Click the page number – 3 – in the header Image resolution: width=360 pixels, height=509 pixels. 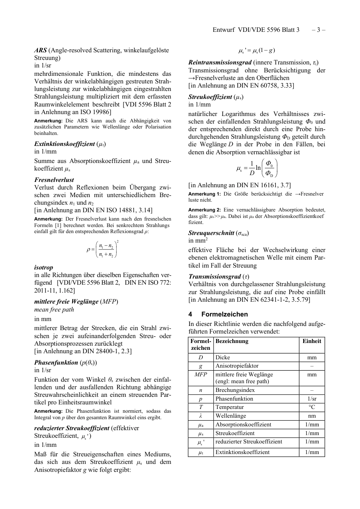pyautogui.click(x=318, y=30)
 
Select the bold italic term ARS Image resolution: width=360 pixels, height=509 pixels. pyautogui.click(x=41, y=50)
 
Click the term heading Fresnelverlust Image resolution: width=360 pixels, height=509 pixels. pyautogui.click(x=54, y=180)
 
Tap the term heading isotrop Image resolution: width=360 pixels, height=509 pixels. pyautogui.click(x=44, y=267)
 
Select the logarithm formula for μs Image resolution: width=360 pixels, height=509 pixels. pyautogui.click(x=257, y=168)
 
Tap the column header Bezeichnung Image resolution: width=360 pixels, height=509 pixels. pyautogui.click(x=232, y=341)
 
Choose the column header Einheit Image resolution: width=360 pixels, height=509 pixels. pyautogui.click(x=311, y=341)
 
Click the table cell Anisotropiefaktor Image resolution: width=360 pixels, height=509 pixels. pyautogui.click(x=237, y=366)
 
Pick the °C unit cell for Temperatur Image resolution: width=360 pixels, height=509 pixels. pyautogui.click(x=311, y=407)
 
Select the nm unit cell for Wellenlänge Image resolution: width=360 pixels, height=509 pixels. pyautogui.click(x=311, y=416)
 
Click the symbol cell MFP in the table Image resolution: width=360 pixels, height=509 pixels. pyautogui.click(x=200, y=374)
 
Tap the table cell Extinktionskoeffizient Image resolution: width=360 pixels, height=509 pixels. pyautogui.click(x=243, y=452)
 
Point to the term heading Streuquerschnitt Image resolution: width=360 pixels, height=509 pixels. pyautogui.click(x=211, y=233)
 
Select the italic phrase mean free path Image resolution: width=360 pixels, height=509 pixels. pyautogui.click(x=54, y=310)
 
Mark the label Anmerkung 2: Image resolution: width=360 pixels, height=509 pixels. pyautogui.click(x=205, y=210)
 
